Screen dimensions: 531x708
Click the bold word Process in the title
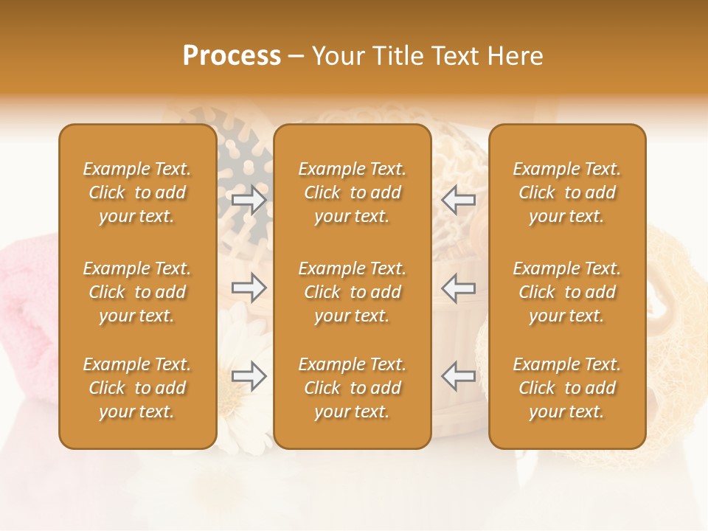click(232, 56)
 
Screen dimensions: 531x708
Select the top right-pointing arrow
click(249, 200)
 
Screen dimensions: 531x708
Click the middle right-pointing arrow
click(249, 288)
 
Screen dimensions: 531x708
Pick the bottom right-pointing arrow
click(249, 376)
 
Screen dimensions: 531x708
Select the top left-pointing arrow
click(459, 200)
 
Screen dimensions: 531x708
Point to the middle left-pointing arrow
click(459, 288)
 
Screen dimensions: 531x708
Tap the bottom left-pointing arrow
click(459, 376)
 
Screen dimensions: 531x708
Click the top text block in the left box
click(137, 192)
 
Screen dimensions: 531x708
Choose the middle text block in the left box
click(137, 292)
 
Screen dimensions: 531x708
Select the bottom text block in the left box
click(137, 388)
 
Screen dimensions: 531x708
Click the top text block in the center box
click(352, 192)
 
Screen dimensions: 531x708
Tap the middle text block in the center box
click(352, 292)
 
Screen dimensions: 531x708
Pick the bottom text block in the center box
click(352, 388)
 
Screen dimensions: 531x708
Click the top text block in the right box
click(566, 192)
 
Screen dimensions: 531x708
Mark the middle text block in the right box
click(566, 292)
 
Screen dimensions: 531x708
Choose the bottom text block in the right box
click(566, 388)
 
